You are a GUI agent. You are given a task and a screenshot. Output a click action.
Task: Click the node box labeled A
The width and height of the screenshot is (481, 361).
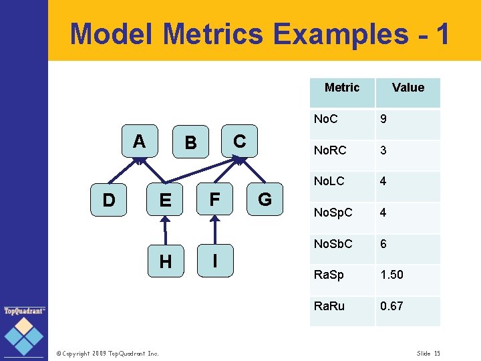click(x=139, y=142)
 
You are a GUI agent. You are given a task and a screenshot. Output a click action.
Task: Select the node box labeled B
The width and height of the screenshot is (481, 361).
click(x=190, y=142)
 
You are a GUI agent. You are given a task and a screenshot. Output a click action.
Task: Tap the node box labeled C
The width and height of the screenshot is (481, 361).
click(x=240, y=142)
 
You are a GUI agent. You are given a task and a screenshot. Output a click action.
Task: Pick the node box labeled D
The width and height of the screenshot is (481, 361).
click(x=108, y=200)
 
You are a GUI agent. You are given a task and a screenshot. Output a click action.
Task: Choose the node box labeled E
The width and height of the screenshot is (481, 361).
click(x=164, y=200)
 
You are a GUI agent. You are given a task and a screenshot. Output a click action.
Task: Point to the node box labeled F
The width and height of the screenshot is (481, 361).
click(x=214, y=200)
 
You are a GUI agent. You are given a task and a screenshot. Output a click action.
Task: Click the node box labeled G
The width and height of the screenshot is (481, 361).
click(x=265, y=200)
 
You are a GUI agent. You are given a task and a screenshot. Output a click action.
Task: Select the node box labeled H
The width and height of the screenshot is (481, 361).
click(x=164, y=261)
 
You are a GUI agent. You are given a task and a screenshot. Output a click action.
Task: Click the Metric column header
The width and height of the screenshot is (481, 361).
click(x=341, y=88)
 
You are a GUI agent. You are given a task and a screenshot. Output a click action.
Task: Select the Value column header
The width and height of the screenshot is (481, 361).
click(x=408, y=88)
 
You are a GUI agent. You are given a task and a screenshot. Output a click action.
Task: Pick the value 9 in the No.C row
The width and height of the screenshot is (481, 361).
click(x=383, y=120)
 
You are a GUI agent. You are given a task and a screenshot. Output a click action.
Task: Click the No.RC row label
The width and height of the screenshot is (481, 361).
click(x=330, y=150)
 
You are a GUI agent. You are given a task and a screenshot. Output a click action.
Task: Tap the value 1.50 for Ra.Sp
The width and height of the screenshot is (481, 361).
click(x=391, y=275)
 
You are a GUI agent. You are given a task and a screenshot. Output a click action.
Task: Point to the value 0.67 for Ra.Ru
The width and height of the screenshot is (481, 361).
click(x=391, y=306)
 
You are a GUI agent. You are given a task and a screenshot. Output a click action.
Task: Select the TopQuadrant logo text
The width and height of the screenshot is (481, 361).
click(x=25, y=311)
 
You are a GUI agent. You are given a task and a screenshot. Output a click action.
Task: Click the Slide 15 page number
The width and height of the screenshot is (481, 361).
click(x=428, y=353)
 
